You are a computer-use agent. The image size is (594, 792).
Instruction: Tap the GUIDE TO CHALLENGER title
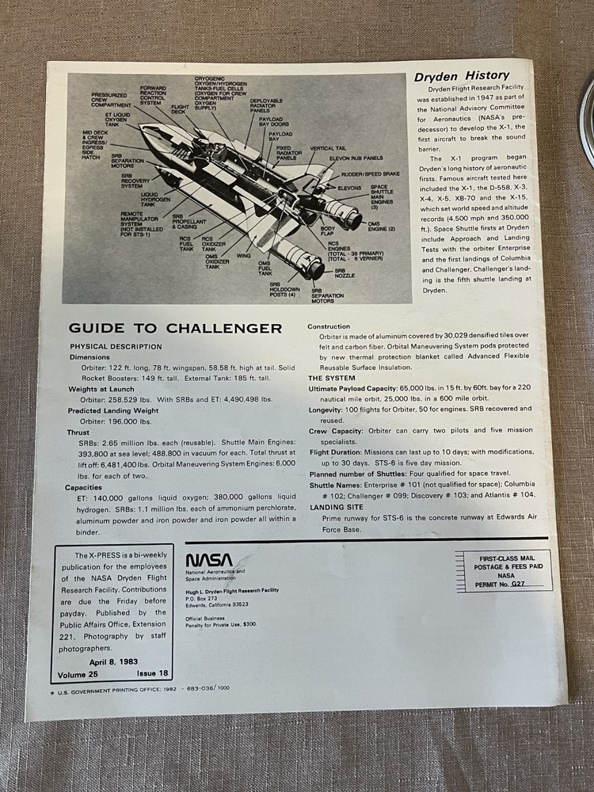pos(175,328)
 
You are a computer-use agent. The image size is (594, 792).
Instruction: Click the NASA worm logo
pos(210,560)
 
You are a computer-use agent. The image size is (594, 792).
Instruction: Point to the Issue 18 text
pos(147,673)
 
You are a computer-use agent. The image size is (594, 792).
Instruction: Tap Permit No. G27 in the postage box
pos(508,583)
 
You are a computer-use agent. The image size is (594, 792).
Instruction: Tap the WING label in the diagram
pos(243,256)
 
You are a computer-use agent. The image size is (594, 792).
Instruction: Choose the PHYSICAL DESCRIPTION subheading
pos(116,346)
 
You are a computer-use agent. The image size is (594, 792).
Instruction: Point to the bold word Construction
pos(329,326)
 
